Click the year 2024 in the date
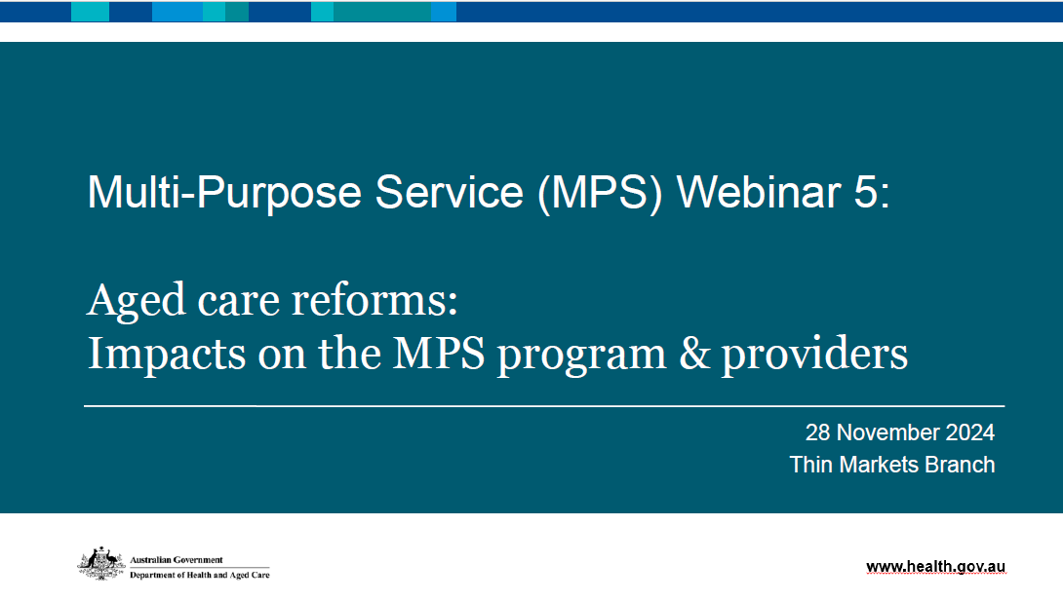(x=969, y=432)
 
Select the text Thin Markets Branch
(x=892, y=465)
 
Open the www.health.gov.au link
(x=935, y=567)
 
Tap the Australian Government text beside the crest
(x=177, y=560)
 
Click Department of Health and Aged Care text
(x=199, y=575)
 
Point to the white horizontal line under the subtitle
(x=543, y=405)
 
